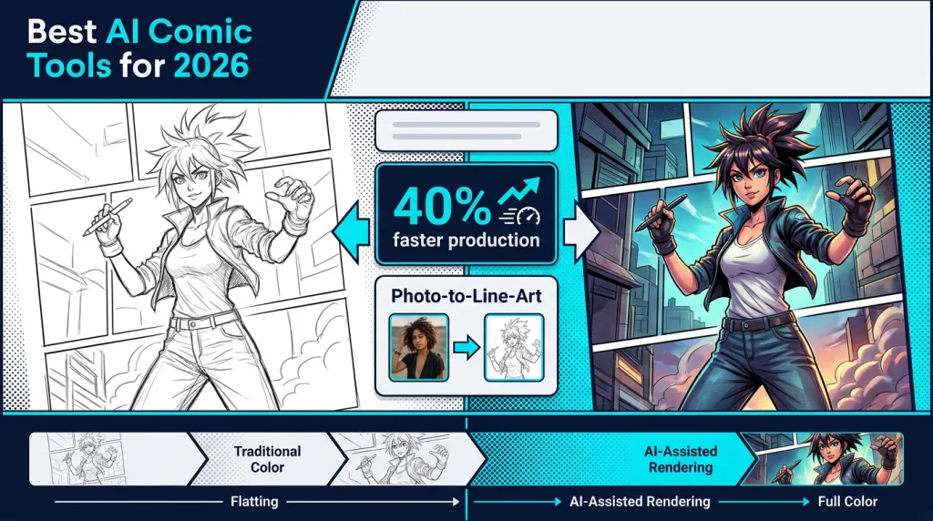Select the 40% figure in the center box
[x=434, y=207]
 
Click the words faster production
[x=466, y=242]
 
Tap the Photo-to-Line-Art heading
[x=466, y=296]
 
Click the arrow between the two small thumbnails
[x=466, y=346]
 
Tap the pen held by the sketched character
[x=101, y=217]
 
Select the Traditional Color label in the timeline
[x=267, y=459]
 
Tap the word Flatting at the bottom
[x=254, y=501]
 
